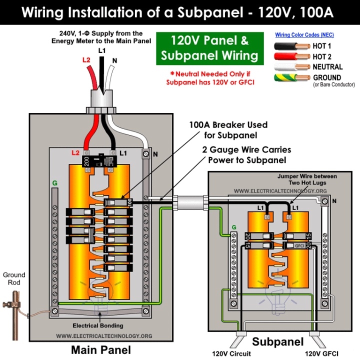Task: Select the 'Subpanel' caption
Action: click(x=277, y=342)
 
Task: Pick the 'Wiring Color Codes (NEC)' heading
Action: click(x=304, y=35)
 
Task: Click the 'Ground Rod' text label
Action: click(x=14, y=278)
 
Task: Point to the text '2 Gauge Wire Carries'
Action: click(x=246, y=149)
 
